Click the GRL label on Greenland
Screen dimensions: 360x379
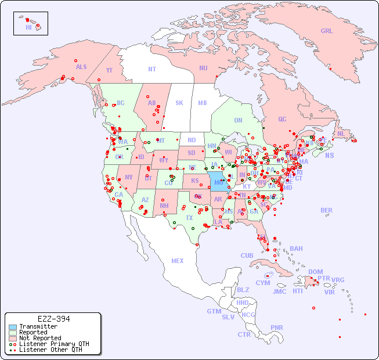click(327, 31)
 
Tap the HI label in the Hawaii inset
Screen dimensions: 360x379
click(28, 27)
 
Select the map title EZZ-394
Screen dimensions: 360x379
click(53, 319)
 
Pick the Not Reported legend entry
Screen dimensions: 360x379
click(39, 338)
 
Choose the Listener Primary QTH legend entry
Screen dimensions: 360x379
click(53, 344)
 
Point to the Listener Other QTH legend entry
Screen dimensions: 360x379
click(50, 350)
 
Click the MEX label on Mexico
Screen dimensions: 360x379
click(178, 261)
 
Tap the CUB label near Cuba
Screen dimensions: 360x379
click(247, 255)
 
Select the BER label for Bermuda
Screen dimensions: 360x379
click(326, 210)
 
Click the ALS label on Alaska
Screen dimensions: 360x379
click(81, 67)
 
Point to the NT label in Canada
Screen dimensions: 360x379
click(152, 69)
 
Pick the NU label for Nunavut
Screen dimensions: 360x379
click(203, 68)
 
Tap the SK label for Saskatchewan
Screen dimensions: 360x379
click(179, 103)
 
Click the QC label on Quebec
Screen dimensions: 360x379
click(282, 119)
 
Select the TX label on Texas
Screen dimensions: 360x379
click(189, 218)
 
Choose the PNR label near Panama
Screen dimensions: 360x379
click(277, 327)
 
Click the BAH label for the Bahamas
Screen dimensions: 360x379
click(296, 249)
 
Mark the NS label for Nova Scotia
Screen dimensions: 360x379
click(329, 155)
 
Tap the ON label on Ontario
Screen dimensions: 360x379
click(238, 120)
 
